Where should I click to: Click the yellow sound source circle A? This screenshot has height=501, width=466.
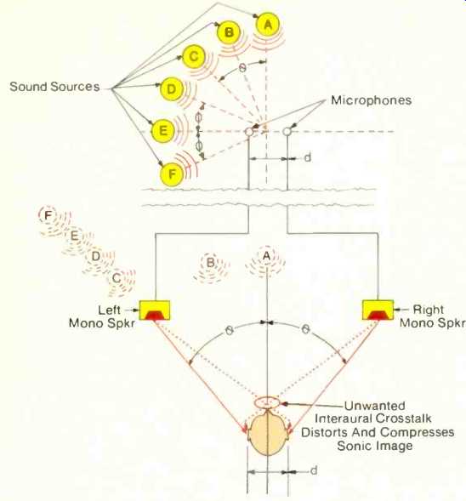coord(268,24)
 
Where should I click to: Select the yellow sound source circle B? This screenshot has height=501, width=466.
coord(229,32)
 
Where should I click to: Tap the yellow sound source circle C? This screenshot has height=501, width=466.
coord(193,56)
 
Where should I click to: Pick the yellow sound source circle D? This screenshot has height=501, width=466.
coord(172,88)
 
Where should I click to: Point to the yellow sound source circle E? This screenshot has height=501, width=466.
coord(163,131)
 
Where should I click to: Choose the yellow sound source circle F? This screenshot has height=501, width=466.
coord(172,174)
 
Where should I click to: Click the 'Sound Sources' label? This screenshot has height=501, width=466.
coord(54,87)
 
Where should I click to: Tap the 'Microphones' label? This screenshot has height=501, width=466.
coord(371,100)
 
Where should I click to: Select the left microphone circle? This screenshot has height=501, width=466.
coord(249,131)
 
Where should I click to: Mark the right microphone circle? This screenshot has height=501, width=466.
coord(287,131)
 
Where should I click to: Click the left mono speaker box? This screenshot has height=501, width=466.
coord(155,310)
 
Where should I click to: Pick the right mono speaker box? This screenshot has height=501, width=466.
coord(378,310)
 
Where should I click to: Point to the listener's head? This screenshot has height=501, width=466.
coord(268,432)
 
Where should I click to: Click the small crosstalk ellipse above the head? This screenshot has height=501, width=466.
coord(267,402)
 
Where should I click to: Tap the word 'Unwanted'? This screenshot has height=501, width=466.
coord(375,406)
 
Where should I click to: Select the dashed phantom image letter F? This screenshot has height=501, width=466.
coord(48,215)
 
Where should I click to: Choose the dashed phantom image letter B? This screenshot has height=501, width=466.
coord(210,262)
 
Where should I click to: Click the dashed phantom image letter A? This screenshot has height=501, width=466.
coord(266,256)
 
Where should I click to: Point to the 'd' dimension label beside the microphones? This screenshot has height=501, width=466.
coord(307,157)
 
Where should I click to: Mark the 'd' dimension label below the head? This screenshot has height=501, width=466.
coord(314,470)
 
